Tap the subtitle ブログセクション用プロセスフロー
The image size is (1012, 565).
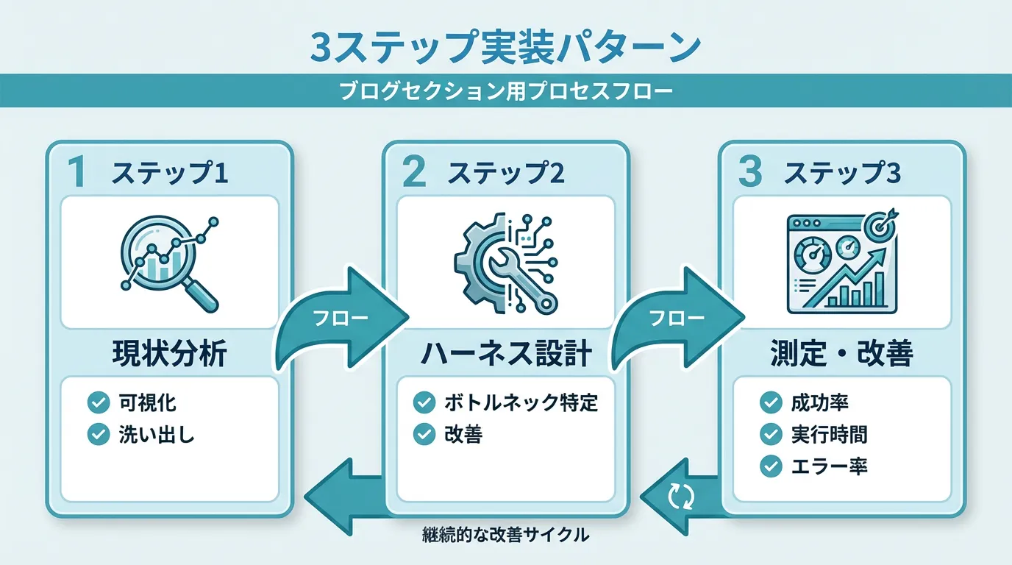[506, 93]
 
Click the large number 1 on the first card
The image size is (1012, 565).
[76, 173]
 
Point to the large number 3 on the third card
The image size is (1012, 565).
[749, 173]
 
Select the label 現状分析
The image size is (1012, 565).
[169, 355]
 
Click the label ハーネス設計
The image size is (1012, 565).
[505, 355]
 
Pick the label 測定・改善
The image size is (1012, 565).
[842, 355]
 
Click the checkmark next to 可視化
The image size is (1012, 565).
[98, 402]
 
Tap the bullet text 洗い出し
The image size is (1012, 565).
[156, 435]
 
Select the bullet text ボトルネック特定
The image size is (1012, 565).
[521, 402]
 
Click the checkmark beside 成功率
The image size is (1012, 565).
[771, 402]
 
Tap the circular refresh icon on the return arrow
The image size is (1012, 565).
[680, 498]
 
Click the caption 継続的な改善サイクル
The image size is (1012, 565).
[506, 536]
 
